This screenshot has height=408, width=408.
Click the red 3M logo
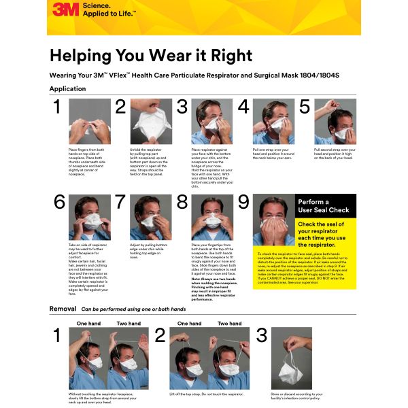pos(65,10)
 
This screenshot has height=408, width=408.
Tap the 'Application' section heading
pos(67,88)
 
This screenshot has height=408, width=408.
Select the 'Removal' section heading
pos(63,309)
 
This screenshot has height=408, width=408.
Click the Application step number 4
pos(243,107)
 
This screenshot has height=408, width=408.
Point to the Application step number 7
pos(120,203)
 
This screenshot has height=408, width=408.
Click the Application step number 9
pos(243,203)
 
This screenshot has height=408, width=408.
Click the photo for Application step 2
pos(151,121)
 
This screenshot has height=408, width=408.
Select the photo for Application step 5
pos(335,121)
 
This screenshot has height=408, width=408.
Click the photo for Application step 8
pos(213,218)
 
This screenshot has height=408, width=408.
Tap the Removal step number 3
pos(262,335)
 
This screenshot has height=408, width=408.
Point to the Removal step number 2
pos(160,335)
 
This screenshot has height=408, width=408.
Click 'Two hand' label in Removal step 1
pos(129,324)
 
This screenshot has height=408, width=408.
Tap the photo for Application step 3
pos(213,121)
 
